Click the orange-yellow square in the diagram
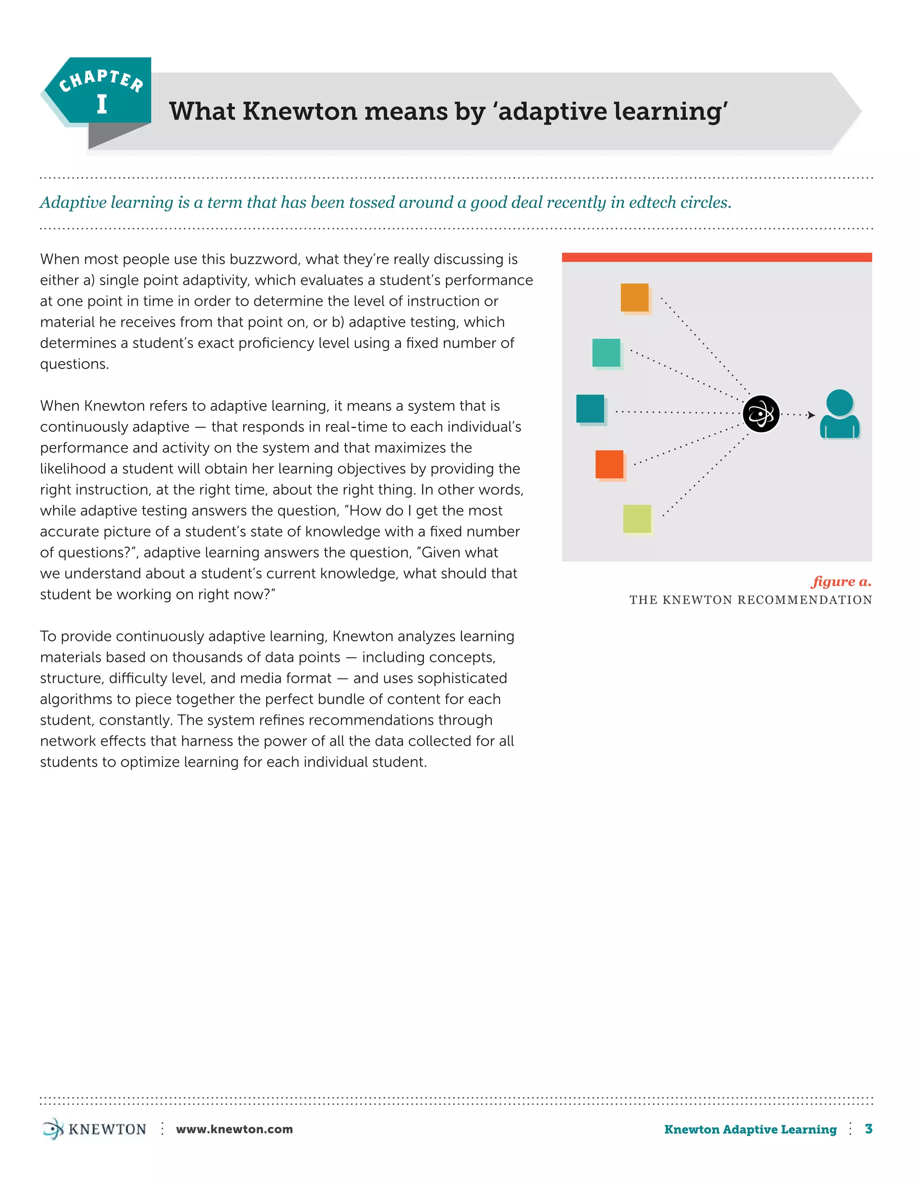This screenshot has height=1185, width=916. [634, 297]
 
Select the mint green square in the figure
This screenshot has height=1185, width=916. [606, 353]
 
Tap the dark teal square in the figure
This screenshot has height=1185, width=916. [590, 409]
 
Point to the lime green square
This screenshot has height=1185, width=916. [637, 519]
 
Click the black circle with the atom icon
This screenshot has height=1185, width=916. [761, 414]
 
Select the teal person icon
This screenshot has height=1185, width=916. [840, 415]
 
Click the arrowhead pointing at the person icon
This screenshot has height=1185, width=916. [811, 415]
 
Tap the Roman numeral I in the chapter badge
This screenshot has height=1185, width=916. [102, 104]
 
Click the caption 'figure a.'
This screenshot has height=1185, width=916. [842, 582]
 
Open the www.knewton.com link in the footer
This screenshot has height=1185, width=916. [234, 1129]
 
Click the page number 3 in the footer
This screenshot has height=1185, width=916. [869, 1129]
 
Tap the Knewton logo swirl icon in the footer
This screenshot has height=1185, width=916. [53, 1129]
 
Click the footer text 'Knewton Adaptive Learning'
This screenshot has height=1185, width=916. [750, 1129]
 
